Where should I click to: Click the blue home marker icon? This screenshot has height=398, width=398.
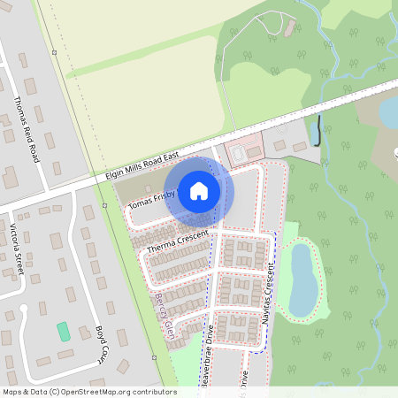(199, 190)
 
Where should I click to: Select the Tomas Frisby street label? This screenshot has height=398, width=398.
(155, 202)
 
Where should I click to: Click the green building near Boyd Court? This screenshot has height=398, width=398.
(63, 333)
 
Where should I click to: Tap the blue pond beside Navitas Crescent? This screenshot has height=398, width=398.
(302, 278)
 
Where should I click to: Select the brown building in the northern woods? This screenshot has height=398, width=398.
(288, 27)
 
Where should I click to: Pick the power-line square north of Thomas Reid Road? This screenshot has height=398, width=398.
(54, 52)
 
